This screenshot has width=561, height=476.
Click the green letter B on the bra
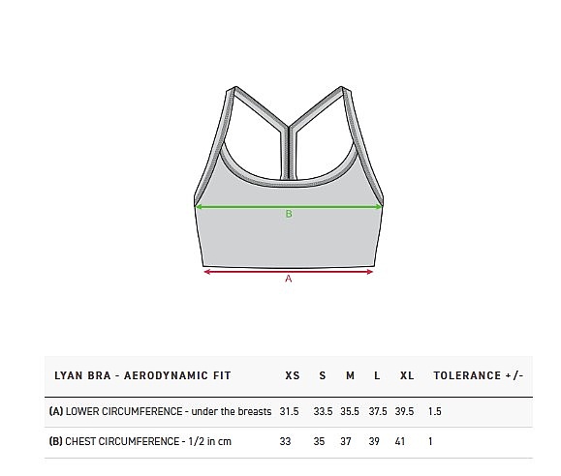click(289, 214)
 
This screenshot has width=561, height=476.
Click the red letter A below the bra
click(289, 279)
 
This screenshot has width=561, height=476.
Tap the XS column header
click(293, 375)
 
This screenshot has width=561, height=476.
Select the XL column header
click(407, 375)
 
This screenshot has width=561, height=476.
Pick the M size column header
click(351, 375)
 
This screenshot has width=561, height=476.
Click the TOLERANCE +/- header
click(479, 375)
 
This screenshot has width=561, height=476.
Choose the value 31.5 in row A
click(289, 411)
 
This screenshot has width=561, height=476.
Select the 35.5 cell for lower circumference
click(350, 411)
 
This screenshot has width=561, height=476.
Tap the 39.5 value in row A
click(404, 411)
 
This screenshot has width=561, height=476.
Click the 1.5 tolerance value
click(435, 411)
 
